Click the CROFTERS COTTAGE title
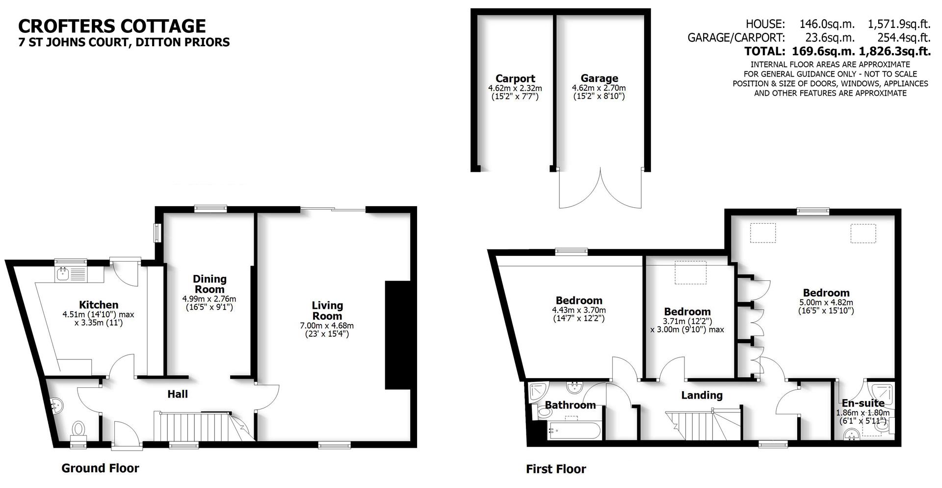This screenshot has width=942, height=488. click(112, 26)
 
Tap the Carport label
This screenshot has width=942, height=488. click(515, 79)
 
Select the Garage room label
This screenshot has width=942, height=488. click(599, 79)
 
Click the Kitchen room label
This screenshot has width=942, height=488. click(99, 305)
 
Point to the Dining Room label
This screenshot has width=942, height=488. click(209, 284)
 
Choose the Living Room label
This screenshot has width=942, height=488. click(327, 310)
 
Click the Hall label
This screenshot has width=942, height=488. click(178, 394)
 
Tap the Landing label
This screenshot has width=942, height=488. click(702, 395)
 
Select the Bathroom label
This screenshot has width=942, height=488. click(570, 405)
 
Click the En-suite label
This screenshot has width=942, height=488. click(863, 404)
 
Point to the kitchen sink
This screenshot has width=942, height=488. click(63, 274)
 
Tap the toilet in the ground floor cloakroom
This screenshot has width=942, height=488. click(78, 429)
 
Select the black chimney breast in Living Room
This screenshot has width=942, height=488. click(397, 335)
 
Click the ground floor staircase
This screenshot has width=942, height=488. click(194, 427)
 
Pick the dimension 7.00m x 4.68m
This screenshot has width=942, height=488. click(327, 325)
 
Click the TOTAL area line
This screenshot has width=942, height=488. click(837, 51)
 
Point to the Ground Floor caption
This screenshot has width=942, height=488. click(100, 468)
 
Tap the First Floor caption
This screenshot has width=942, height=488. click(556, 469)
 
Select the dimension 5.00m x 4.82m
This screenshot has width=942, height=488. click(826, 302)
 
